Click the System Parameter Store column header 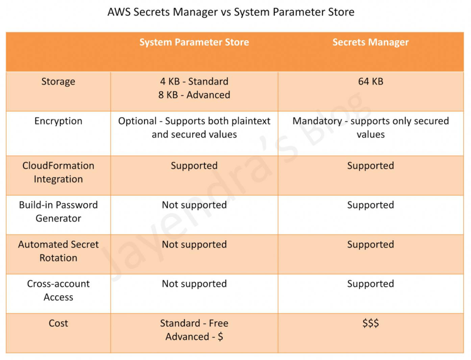tap(194, 42)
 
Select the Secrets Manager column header tap(370, 42)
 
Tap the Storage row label tap(58, 82)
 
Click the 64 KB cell tap(370, 81)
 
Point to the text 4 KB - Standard tap(194, 81)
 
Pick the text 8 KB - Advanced tap(194, 95)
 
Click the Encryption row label tap(58, 121)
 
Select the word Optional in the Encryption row tap(137, 121)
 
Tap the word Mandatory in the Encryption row tap(317, 121)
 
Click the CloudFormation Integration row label tap(58, 172)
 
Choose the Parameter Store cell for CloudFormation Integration tap(194, 166)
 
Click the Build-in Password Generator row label tap(58, 211)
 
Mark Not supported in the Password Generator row tap(194, 205)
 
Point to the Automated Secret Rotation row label tap(58, 251)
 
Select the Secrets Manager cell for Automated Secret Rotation tap(370, 245)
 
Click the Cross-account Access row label tap(58, 290)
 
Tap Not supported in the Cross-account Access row tap(194, 284)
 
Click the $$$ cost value tap(370, 323)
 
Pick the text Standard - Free tap(194, 323)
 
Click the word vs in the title tap(225, 12)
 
